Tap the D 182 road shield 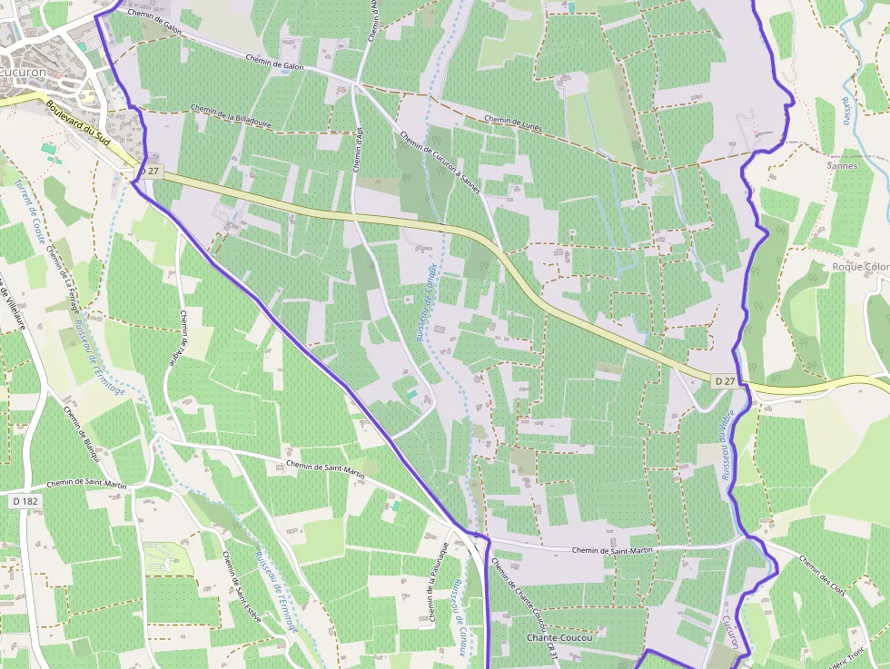(x=28, y=500)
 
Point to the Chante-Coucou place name (x=559, y=638)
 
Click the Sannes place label (x=842, y=166)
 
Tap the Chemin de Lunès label (x=512, y=123)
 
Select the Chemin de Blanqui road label (x=81, y=439)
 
